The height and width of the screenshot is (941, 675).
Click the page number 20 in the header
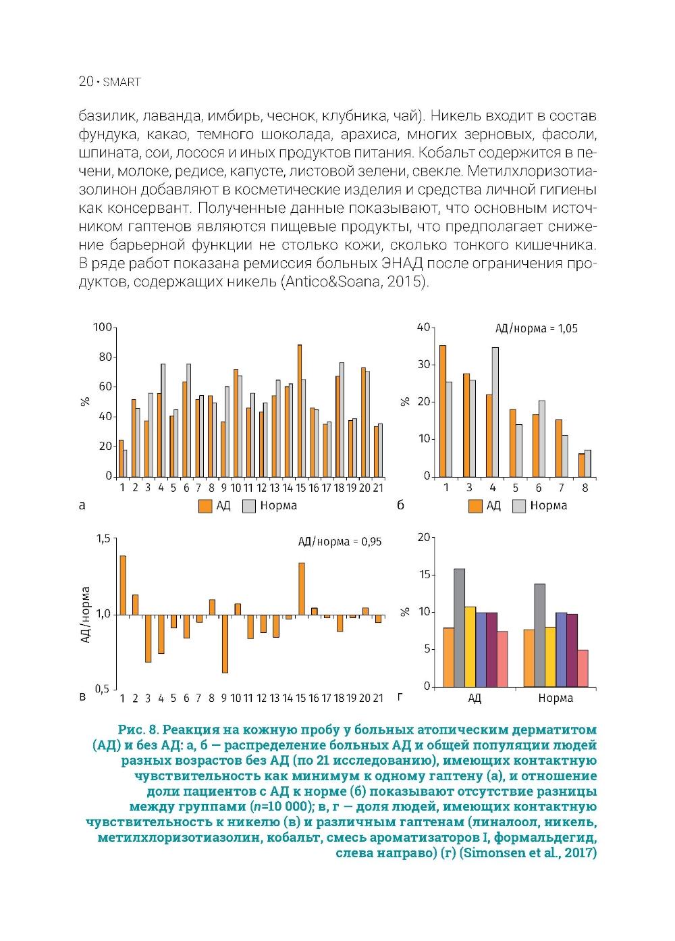click(86, 82)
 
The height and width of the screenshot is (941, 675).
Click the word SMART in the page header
click(122, 82)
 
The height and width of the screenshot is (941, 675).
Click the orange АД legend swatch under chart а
click(205, 506)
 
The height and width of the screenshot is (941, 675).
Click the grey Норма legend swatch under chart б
click(519, 506)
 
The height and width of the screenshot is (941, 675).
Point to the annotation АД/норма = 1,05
click(537, 329)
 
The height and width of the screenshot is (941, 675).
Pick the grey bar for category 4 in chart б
click(495, 411)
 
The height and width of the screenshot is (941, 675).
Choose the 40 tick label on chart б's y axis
click(424, 328)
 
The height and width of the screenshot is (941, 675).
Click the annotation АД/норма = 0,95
click(340, 542)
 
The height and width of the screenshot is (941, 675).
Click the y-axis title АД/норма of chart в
click(86, 614)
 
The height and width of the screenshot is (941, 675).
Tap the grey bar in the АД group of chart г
click(459, 628)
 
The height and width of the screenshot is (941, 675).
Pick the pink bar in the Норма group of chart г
click(583, 668)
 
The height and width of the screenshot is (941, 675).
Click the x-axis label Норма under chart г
click(556, 698)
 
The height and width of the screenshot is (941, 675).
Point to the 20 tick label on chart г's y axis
click(424, 538)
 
